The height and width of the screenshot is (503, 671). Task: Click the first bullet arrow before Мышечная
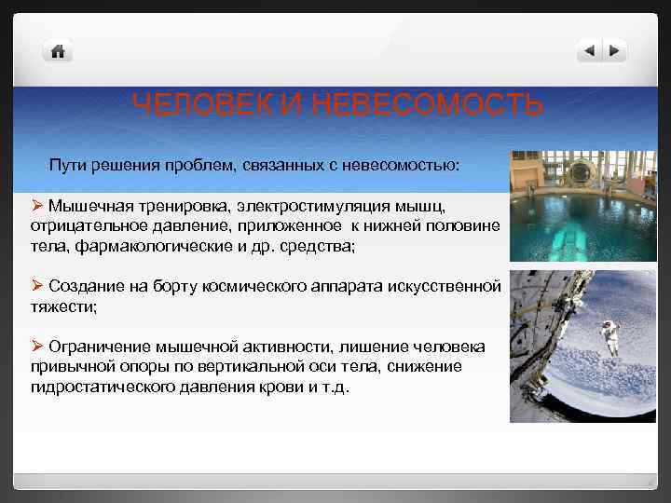point(37,204)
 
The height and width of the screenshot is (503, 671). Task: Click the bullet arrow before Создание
point(37,286)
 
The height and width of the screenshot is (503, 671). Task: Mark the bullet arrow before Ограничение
point(37,347)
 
